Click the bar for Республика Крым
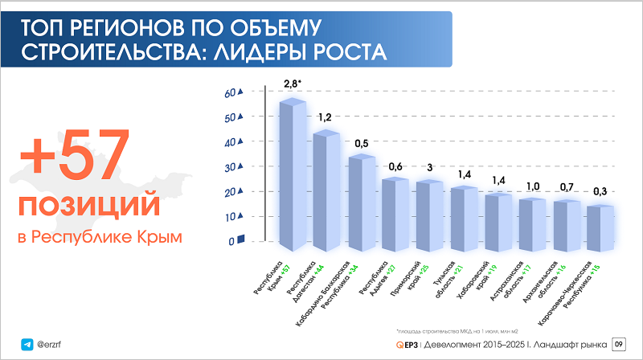click(291, 173)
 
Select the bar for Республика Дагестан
click(325, 189)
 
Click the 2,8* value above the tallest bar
click(293, 84)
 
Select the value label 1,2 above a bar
click(325, 119)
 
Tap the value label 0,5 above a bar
click(361, 143)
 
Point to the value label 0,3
click(600, 192)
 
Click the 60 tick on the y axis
click(232, 93)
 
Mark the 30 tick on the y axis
click(232, 167)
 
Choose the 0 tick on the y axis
click(232, 241)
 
